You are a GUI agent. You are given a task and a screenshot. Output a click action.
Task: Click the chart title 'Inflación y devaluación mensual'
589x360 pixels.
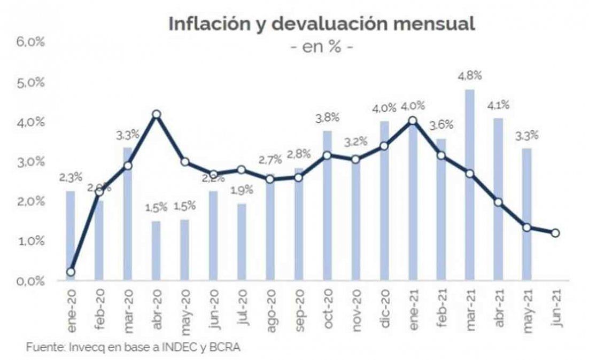pos(321,24)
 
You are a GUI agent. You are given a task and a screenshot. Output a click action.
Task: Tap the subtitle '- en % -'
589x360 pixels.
pos(321,46)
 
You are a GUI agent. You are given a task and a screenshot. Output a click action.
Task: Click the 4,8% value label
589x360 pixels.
pos(470,75)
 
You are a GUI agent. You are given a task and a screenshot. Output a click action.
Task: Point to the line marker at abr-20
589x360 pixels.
pos(156,114)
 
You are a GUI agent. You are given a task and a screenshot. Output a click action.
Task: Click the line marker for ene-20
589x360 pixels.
pos(70,272)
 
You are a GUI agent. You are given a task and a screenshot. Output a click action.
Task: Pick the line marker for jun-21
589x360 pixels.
pos(555,233)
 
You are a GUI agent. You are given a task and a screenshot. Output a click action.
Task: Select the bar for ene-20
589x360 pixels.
pos(70,235)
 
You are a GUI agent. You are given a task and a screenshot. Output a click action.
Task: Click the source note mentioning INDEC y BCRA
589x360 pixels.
pos(134,347)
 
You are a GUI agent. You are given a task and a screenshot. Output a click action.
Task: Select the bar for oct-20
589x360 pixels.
pos(327,205)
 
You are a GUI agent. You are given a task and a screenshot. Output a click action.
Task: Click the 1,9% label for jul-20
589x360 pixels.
pos(241,190)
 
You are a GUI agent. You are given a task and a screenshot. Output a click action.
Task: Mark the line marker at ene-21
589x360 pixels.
pos(412,121)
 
